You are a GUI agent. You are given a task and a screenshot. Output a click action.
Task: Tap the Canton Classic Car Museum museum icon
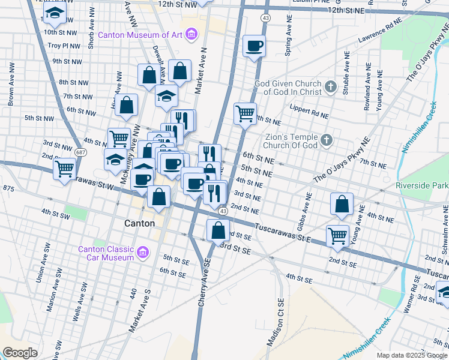tap(142, 253)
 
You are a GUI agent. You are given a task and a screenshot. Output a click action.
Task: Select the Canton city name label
tap(139, 223)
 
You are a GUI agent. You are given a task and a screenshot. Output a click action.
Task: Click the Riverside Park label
tap(421, 185)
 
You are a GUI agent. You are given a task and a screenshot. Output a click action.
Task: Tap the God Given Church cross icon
tap(330, 88)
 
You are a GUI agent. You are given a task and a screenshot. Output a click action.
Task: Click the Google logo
tap(20, 353)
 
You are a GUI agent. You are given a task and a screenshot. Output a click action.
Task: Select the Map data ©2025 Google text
tap(412, 355)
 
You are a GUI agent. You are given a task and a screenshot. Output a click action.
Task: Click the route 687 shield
tap(79, 152)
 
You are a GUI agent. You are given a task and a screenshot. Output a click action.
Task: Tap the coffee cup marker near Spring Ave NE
tap(254, 46)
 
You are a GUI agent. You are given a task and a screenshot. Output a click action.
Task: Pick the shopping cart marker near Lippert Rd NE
tap(245, 113)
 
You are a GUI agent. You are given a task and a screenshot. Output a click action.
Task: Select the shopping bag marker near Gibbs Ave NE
tap(342, 203)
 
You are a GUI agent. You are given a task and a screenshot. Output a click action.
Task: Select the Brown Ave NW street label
tap(10, 91)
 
